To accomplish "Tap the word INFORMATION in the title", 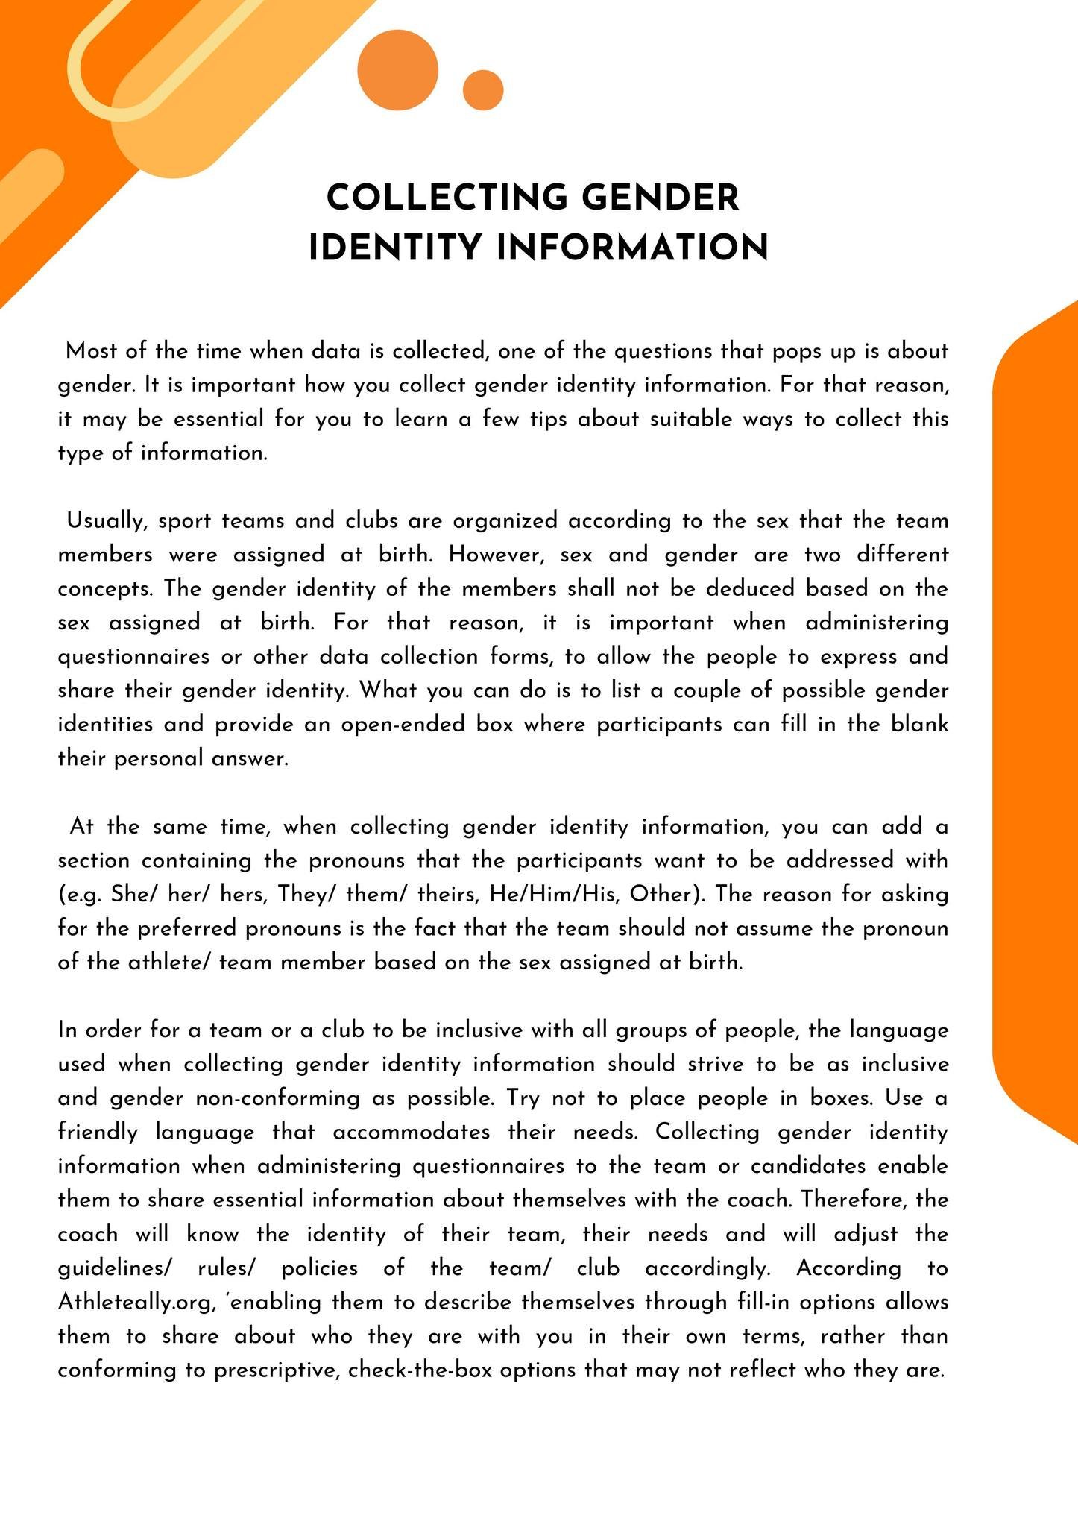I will (x=632, y=248).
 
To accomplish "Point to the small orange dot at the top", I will (x=483, y=90).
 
